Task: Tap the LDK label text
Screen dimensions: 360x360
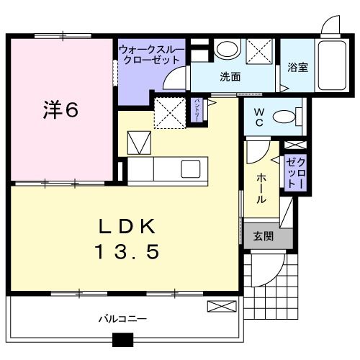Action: (127, 228)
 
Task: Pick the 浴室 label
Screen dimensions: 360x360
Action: (297, 68)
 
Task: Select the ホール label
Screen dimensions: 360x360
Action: (258, 186)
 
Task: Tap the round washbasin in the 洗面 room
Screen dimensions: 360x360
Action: (226, 50)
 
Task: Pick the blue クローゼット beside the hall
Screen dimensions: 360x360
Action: (294, 173)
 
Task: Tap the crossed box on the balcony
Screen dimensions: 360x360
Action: (220, 307)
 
